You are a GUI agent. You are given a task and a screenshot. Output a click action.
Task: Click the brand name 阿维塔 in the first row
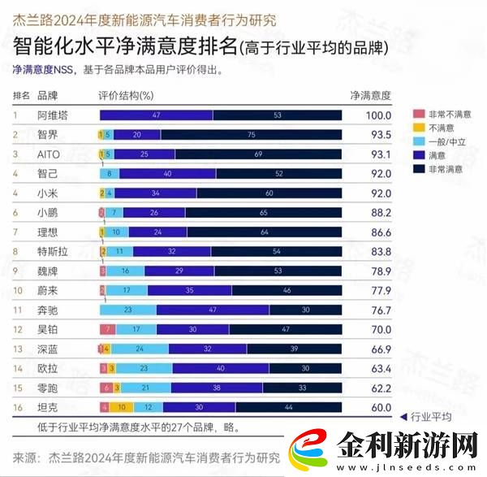pyautogui.click(x=53, y=115)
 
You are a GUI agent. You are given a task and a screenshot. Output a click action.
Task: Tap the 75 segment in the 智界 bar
pyautogui.click(x=252, y=134)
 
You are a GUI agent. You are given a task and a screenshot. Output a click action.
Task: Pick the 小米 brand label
pyautogui.click(x=48, y=193)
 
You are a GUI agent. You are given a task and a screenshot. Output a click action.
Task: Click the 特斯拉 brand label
pyautogui.click(x=53, y=252)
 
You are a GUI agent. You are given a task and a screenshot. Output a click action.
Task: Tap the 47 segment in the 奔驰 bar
pyautogui.click(x=212, y=310)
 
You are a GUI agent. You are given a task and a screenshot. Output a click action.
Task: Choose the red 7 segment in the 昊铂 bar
pyautogui.click(x=107, y=329)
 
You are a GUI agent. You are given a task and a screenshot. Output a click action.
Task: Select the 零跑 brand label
pyautogui.click(x=48, y=388)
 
